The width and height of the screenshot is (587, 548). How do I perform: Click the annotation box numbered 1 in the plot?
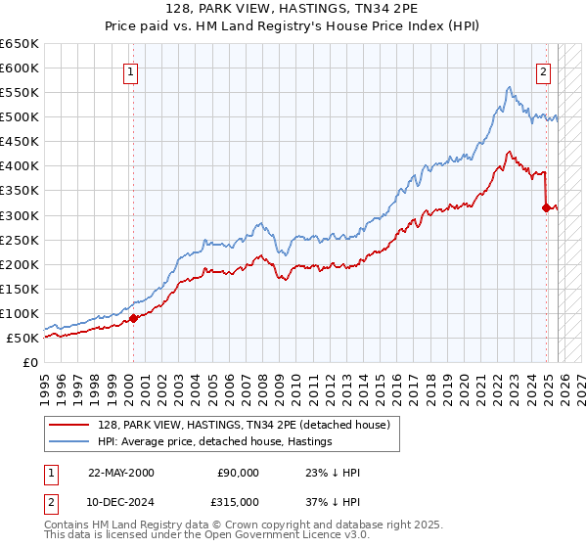(x=130, y=70)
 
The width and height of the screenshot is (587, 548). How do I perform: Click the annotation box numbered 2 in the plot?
(x=543, y=70)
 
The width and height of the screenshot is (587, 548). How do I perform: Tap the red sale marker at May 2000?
(x=134, y=318)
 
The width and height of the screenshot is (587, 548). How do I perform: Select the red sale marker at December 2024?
(x=546, y=207)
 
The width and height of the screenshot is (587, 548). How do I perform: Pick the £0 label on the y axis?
(x=29, y=363)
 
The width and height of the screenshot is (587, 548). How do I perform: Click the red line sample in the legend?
(x=69, y=425)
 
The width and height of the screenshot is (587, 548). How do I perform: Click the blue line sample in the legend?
(x=69, y=441)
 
